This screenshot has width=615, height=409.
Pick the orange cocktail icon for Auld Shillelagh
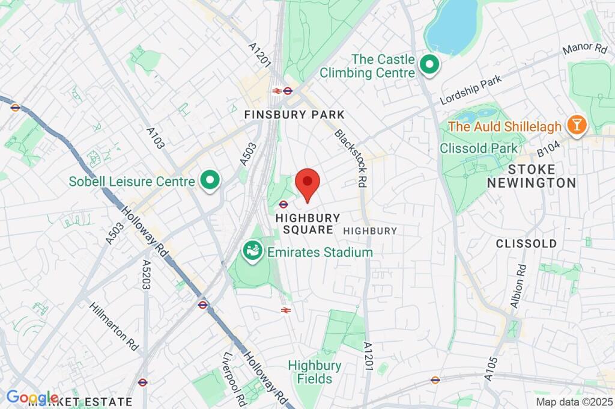point(578,125)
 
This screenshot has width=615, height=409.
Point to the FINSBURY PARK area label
point(294,114)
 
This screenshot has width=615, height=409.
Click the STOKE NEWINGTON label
point(531,175)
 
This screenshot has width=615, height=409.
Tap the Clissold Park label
point(478,148)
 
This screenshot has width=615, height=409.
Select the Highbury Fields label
point(314,372)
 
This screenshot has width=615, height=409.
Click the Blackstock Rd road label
point(351,157)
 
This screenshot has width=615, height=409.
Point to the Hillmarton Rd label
point(114,326)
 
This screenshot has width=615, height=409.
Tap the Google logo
point(31,397)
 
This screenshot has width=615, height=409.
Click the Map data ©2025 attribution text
point(574,402)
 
